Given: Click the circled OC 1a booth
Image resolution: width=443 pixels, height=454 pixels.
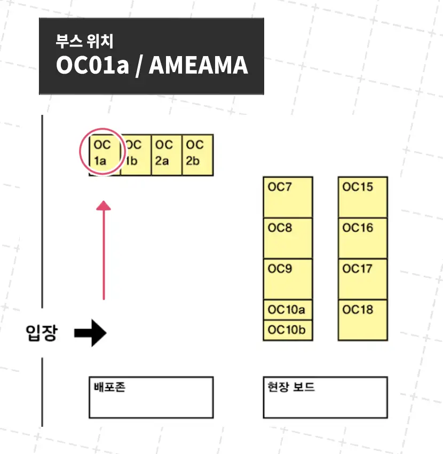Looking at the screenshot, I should [102, 152].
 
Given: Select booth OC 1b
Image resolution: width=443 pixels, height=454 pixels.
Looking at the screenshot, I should [136, 155].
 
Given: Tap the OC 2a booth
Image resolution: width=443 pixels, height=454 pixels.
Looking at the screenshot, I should [167, 155].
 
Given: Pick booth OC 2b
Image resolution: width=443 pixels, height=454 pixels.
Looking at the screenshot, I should [197, 155].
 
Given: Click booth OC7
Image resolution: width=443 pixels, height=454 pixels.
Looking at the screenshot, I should [288, 197].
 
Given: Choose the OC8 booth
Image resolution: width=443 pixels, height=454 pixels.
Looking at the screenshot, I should [288, 238].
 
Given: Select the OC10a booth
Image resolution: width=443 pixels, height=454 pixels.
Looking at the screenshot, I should [288, 310].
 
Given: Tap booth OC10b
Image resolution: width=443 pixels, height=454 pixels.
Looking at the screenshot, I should [288, 330].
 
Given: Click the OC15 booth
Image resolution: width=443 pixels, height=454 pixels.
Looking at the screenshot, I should [362, 197].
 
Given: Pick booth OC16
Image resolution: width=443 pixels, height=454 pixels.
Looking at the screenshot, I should [362, 238].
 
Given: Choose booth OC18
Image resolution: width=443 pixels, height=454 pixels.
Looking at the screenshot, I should [362, 320].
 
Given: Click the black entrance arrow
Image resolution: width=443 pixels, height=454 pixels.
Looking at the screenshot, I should [90, 333].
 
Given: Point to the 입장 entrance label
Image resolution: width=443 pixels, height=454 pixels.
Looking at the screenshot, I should [41, 333].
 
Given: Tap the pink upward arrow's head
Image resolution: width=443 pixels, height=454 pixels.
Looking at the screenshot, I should [104, 205].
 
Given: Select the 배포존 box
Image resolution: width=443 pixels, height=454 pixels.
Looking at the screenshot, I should [151, 397].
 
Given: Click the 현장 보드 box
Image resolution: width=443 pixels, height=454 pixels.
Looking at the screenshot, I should [325, 397].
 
